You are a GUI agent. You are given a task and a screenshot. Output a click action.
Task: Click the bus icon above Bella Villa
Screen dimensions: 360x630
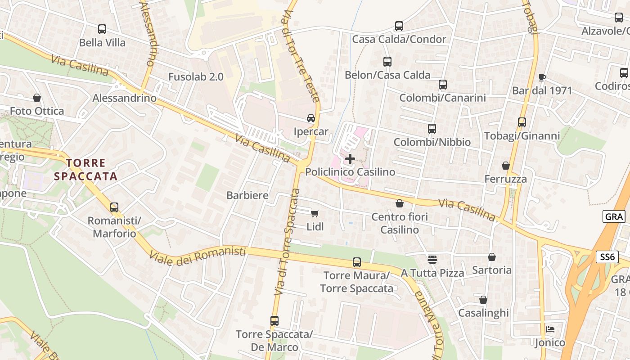pyautogui.click(x=102, y=29)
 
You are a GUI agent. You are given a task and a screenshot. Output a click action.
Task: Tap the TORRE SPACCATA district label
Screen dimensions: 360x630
pyautogui.click(x=85, y=170)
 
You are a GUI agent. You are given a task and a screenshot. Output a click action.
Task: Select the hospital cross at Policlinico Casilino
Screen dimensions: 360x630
pyautogui.click(x=350, y=159)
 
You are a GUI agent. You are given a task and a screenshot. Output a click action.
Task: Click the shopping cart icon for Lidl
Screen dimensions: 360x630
pyautogui.click(x=315, y=213)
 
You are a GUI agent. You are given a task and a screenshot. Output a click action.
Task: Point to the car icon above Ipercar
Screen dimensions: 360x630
pyautogui.click(x=310, y=118)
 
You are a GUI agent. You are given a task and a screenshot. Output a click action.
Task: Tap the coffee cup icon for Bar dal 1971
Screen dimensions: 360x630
pyautogui.click(x=542, y=77)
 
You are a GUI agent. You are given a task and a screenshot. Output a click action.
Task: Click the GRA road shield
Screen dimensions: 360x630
pyautogui.click(x=614, y=216)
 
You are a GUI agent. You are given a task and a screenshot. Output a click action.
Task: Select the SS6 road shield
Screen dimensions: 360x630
pyautogui.click(x=607, y=257)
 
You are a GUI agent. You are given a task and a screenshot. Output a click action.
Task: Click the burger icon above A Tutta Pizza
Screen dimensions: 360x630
pyautogui.click(x=432, y=259)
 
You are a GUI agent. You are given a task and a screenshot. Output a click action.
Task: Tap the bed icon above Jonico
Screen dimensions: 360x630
pyautogui.click(x=550, y=329)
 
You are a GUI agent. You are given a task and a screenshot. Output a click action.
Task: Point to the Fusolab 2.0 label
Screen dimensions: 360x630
pyautogui.click(x=196, y=76)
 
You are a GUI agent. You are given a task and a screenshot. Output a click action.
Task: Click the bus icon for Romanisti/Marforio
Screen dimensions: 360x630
pyautogui.click(x=114, y=207)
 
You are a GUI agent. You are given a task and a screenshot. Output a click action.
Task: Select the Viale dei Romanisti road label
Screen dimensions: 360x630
pyautogui.click(x=198, y=256)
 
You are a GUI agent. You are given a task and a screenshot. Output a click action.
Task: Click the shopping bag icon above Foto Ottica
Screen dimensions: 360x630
pyautogui.click(x=37, y=98)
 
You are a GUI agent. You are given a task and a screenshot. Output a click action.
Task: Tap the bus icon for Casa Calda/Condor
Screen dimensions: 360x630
pyautogui.click(x=399, y=26)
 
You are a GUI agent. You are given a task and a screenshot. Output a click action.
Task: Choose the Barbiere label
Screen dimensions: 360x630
pyautogui.click(x=247, y=195)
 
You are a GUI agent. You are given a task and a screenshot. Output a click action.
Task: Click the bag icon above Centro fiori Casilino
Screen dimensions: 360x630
pyautogui.click(x=399, y=204)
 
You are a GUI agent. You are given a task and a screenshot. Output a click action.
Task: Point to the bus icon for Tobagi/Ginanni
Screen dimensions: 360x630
pyautogui.click(x=522, y=122)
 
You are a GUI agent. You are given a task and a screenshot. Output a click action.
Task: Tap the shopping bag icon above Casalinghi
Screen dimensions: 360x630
pyautogui.click(x=483, y=300)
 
